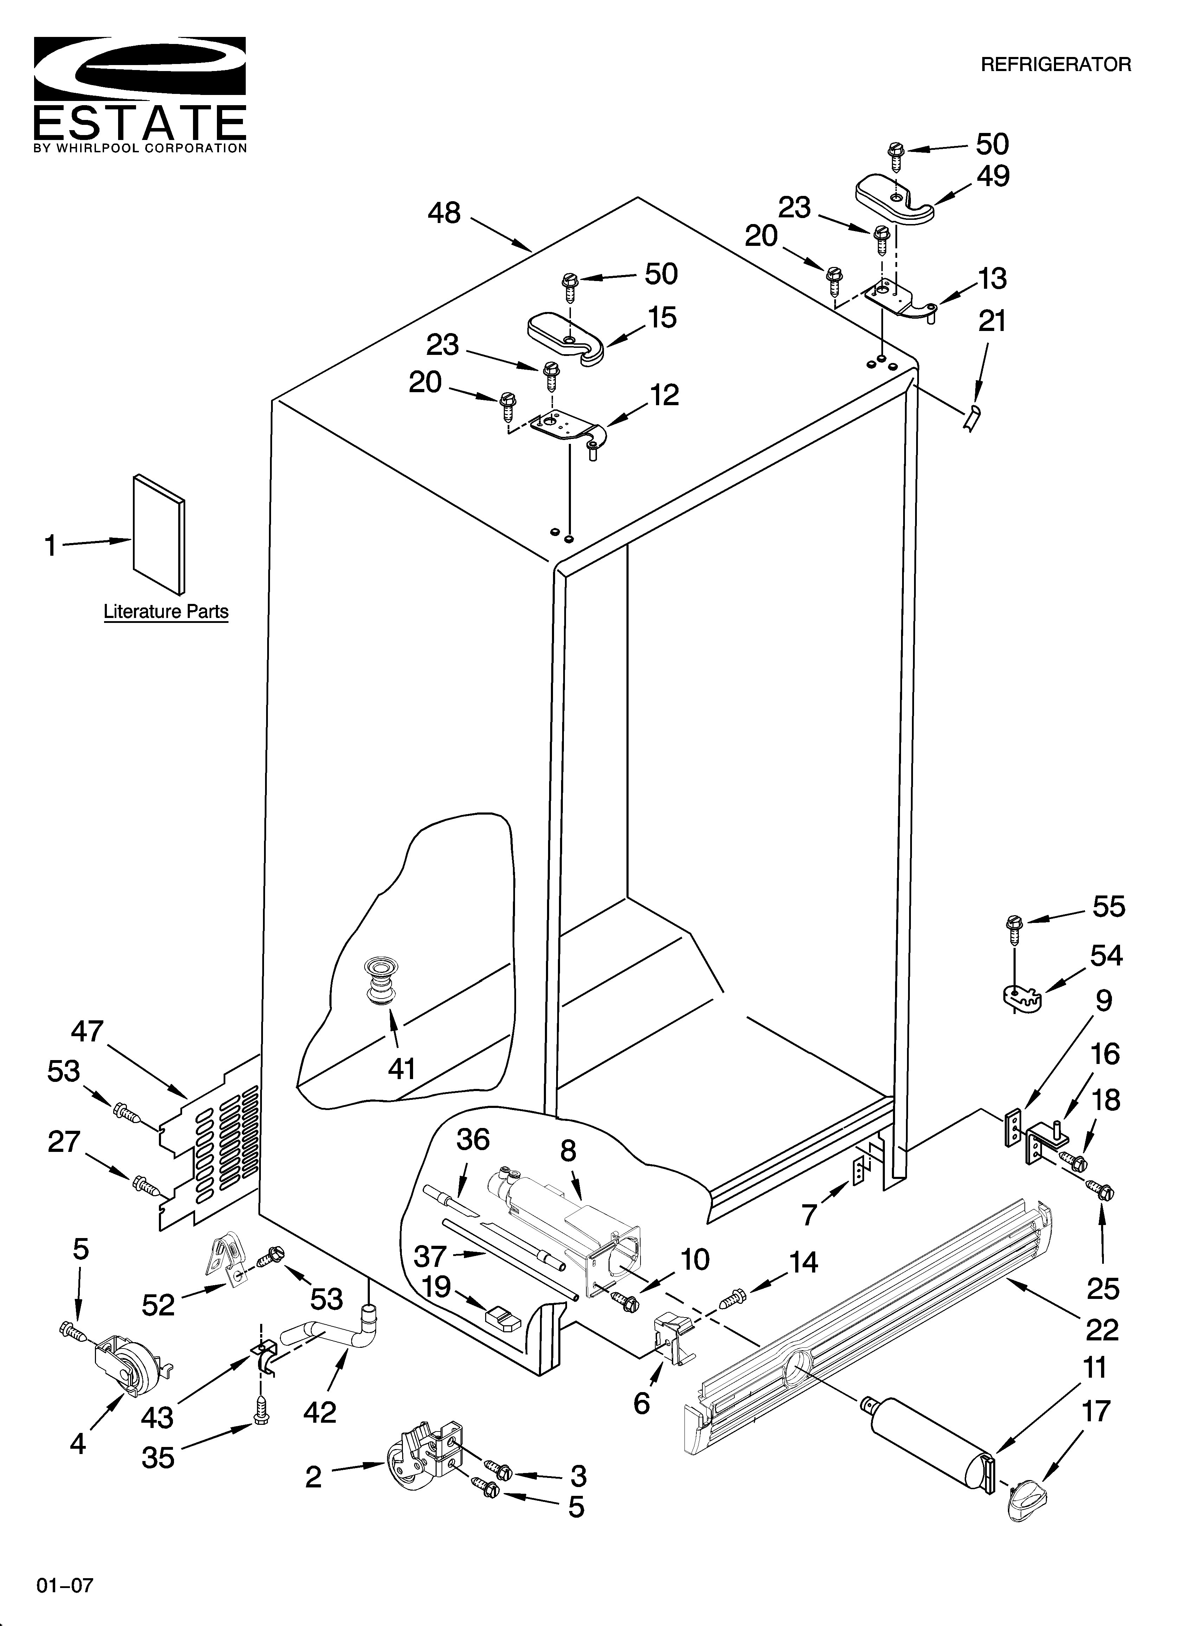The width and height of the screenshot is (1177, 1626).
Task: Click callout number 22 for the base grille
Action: pyautogui.click(x=1102, y=1330)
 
